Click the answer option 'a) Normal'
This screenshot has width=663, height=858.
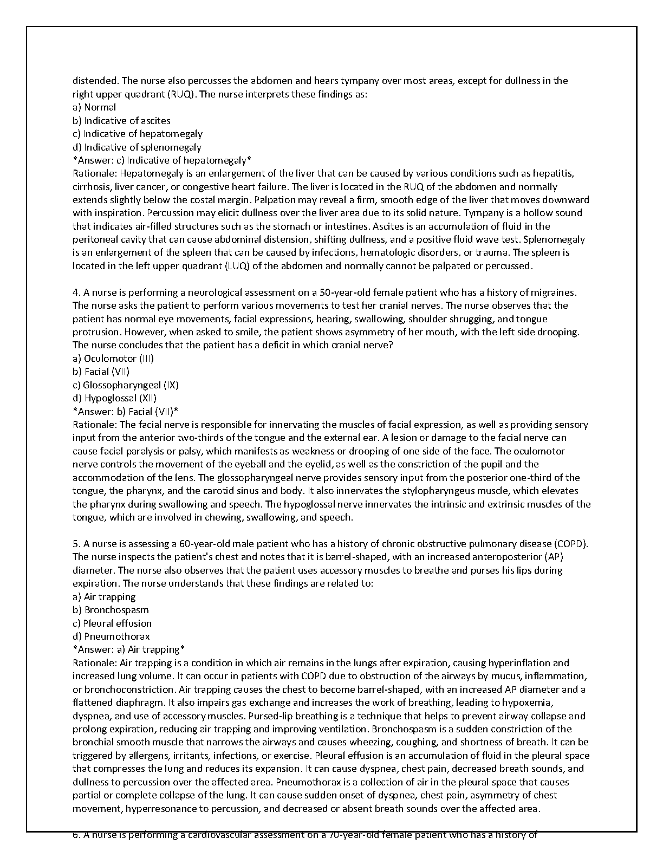pos(94,107)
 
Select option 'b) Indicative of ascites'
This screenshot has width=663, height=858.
pos(121,121)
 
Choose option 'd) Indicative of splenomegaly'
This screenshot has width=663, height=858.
pos(137,147)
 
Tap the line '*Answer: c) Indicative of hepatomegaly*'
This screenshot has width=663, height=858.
pos(162,160)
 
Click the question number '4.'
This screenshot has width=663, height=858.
pos(77,292)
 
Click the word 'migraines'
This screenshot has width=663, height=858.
pos(556,292)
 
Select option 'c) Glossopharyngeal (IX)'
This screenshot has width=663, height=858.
pos(126,385)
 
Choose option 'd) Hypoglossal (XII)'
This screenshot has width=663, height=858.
pos(115,398)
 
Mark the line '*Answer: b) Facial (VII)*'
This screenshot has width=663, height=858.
pos(125,412)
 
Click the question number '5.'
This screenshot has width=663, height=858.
pos(77,544)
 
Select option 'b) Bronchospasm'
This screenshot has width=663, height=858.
pos(110,610)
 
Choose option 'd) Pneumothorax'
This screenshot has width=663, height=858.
pos(111,636)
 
